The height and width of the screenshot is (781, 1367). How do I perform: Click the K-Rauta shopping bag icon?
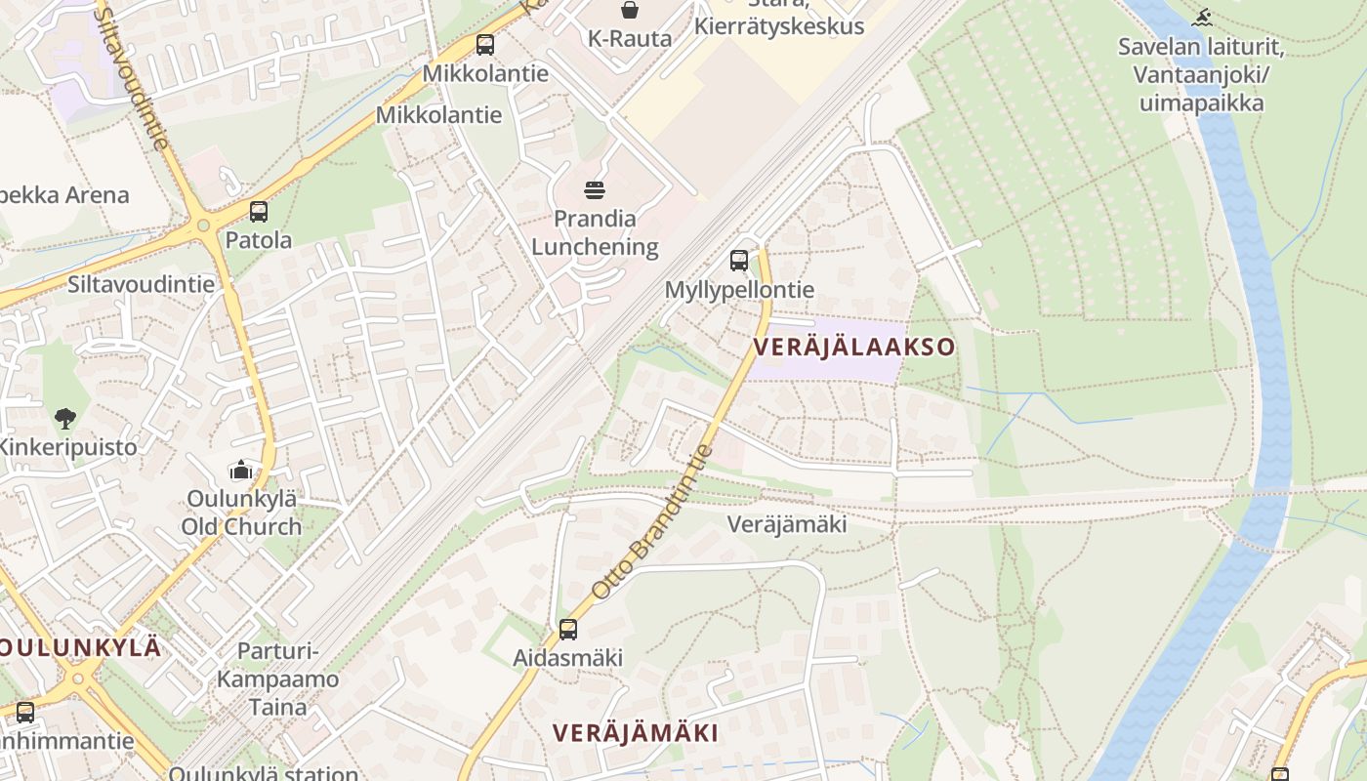coord(630,10)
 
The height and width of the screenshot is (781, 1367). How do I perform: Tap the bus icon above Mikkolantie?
coord(485,44)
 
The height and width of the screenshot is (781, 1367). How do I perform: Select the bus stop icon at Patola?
coord(259,211)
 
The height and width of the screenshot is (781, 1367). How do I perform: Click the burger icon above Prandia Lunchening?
coord(595,189)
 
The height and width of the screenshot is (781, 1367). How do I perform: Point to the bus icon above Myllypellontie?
coord(739,261)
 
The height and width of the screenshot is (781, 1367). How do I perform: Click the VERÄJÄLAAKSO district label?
coord(853,347)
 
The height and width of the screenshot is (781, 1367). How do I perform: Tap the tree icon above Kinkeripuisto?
coord(65,419)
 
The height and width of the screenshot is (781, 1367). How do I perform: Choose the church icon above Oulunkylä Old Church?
coord(241,470)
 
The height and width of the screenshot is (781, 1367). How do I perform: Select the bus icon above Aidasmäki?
coord(568,630)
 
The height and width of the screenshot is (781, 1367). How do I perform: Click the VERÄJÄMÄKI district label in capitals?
coord(636,733)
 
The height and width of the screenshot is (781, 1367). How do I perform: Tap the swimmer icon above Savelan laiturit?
coord(1203,17)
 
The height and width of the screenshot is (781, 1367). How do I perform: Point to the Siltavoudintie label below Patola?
coord(141,284)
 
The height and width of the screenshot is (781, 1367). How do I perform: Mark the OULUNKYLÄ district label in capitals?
coord(80,647)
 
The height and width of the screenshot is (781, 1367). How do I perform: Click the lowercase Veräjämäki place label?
coord(787,524)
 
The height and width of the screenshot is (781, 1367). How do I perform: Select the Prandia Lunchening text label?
coord(595,232)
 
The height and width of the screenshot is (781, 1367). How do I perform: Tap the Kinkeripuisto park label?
coord(68,447)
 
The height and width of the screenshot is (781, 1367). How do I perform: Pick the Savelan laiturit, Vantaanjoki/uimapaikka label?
coord(1200,74)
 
